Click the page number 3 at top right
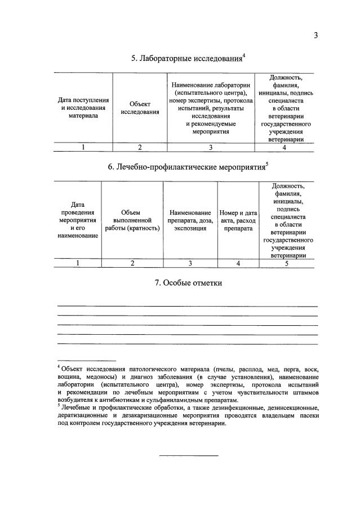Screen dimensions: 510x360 click(x=316, y=36)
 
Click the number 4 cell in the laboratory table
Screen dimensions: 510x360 click(x=285, y=147)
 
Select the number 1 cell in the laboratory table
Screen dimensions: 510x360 click(x=83, y=147)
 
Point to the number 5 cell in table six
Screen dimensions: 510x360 click(x=287, y=263)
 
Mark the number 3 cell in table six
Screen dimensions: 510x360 click(x=190, y=263)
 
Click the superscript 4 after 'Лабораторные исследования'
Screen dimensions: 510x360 click(x=243, y=55)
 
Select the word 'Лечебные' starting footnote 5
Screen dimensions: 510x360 click(x=76, y=407)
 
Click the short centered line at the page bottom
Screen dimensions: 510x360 click(x=188, y=455)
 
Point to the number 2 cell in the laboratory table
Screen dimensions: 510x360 click(x=140, y=147)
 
